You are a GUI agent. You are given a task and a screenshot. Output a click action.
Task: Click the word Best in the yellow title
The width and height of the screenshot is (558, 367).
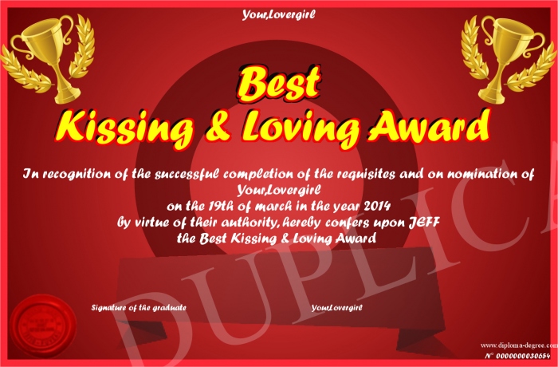click(x=279, y=84)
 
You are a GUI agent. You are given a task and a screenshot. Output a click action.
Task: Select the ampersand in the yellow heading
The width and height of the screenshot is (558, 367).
click(x=218, y=126)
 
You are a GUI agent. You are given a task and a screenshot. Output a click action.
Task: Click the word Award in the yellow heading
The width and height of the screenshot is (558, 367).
click(x=429, y=125)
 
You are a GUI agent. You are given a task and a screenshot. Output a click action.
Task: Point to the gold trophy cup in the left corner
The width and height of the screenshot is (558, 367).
click(x=46, y=57)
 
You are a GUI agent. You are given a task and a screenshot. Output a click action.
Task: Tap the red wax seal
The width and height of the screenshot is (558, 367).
click(x=43, y=326)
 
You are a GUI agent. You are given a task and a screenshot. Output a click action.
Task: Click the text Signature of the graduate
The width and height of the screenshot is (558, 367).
click(x=139, y=307)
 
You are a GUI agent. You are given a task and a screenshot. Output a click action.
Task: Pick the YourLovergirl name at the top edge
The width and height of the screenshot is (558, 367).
click(x=279, y=15)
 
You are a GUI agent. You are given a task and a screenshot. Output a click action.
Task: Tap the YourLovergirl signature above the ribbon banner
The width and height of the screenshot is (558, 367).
click(x=336, y=308)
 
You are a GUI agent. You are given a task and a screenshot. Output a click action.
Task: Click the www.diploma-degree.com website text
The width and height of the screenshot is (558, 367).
click(x=519, y=345)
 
